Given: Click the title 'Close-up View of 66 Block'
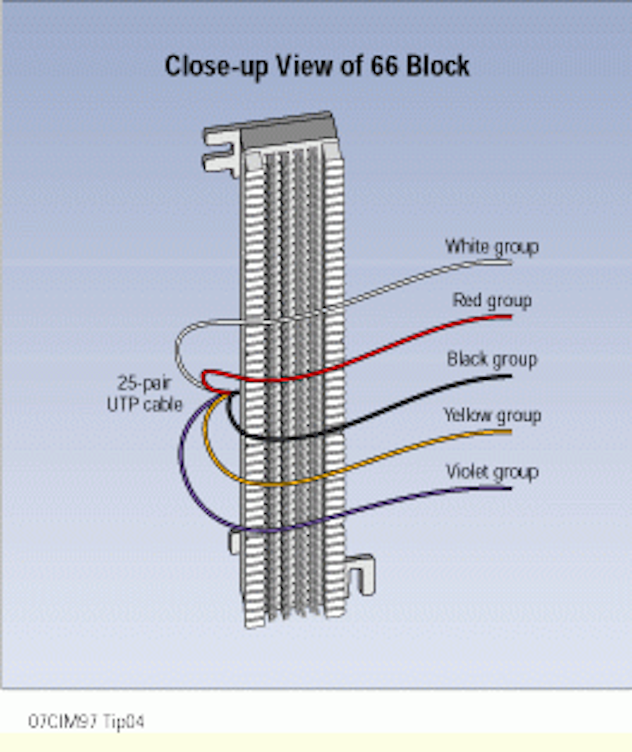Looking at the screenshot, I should (317, 66).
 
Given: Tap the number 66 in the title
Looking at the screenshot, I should (384, 66).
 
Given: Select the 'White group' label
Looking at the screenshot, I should (492, 247).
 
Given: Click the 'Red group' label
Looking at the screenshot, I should (492, 301).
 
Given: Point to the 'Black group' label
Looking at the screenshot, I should (492, 360).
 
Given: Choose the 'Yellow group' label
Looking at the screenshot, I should (492, 415).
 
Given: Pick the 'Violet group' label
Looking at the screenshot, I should (492, 472).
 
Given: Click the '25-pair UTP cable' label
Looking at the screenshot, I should (144, 394).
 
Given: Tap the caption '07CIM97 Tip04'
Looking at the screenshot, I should (86, 721).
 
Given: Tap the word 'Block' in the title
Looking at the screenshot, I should (438, 66).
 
